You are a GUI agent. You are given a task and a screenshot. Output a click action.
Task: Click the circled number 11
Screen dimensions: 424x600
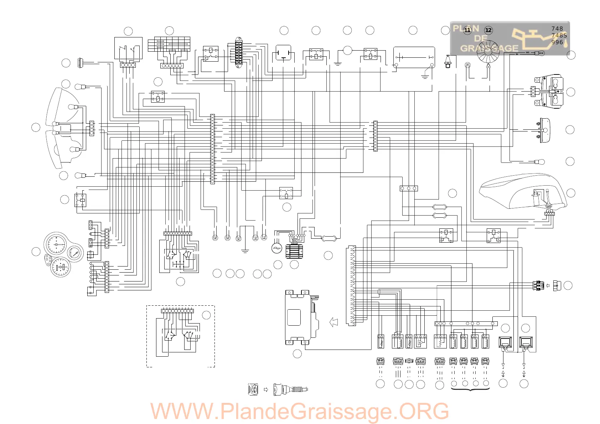click(x=467, y=30)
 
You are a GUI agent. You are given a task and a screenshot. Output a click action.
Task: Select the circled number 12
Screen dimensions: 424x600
click(x=488, y=30)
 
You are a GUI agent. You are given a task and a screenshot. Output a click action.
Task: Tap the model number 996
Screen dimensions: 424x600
click(x=557, y=42)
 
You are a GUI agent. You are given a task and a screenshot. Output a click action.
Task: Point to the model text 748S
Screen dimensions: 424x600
click(x=559, y=35)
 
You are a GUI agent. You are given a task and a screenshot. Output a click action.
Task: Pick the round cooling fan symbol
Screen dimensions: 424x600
click(x=488, y=52)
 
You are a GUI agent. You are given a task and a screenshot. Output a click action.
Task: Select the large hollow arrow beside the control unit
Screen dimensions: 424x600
click(x=334, y=322)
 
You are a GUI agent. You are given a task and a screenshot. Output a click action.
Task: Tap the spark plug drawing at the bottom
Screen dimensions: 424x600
click(x=290, y=389)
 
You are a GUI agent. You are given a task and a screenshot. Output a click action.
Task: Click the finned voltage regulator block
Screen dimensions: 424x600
click(x=294, y=251)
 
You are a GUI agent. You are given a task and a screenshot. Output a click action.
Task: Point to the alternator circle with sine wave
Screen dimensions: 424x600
click(x=276, y=248)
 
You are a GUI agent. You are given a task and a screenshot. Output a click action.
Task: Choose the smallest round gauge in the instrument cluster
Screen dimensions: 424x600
click(x=75, y=254)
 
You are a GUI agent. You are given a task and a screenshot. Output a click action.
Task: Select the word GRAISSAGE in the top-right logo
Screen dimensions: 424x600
click(x=489, y=48)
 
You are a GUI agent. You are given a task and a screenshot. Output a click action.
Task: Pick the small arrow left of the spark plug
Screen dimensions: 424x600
click(x=266, y=389)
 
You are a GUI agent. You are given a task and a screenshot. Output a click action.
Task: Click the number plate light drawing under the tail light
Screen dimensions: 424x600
click(x=544, y=131)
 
